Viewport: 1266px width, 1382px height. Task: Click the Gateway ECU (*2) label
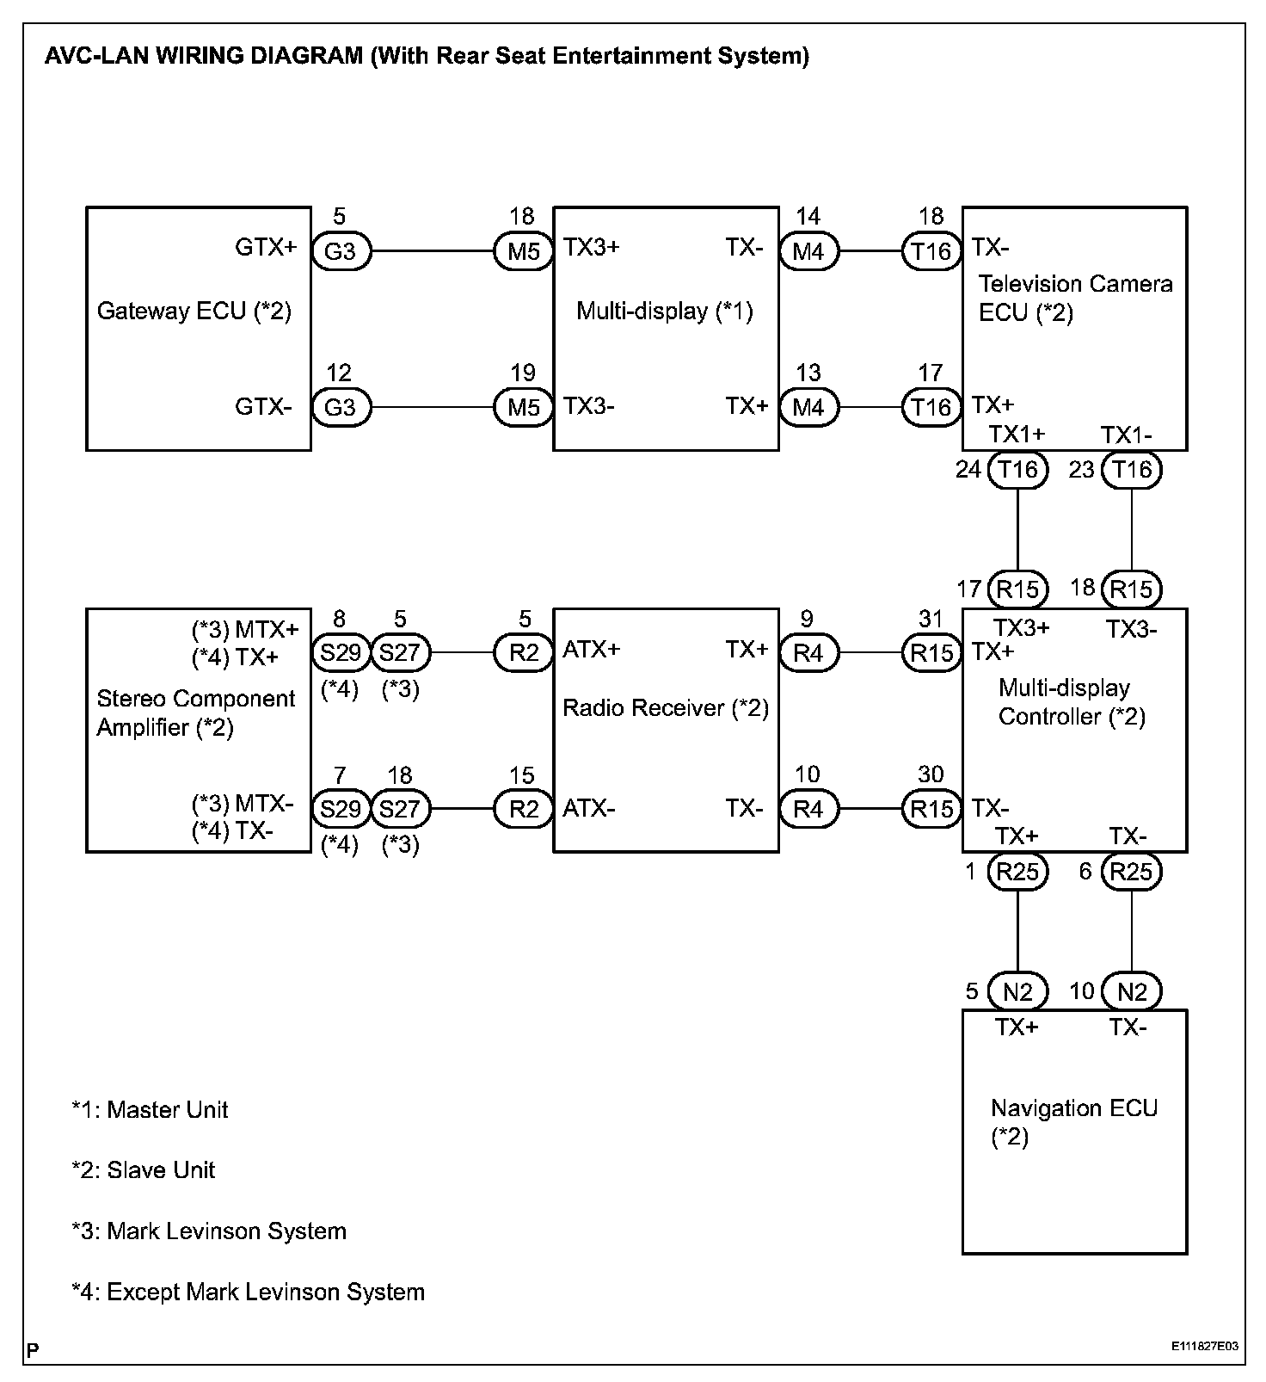[x=194, y=311]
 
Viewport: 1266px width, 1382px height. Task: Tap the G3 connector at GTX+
[x=341, y=251]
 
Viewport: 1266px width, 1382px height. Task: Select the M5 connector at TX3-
[x=523, y=407]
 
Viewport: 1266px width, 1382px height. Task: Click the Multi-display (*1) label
[x=664, y=311]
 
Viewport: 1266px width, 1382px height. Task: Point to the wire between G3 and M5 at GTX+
[x=432, y=251]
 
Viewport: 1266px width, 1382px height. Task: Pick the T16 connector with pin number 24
[x=1017, y=470]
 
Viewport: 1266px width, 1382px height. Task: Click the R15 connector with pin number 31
[x=931, y=653]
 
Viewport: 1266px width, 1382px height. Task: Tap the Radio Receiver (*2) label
[x=665, y=708]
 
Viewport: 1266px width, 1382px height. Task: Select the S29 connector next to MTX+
[x=341, y=653]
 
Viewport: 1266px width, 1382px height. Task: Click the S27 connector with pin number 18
[x=400, y=809]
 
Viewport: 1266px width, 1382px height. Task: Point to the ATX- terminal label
[x=589, y=809]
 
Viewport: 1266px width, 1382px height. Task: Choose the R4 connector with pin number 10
[x=808, y=809]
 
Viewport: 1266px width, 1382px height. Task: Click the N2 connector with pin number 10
[x=1131, y=992]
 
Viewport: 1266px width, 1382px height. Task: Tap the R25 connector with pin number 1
[x=1017, y=872]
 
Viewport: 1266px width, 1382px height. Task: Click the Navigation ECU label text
[x=1073, y=1108]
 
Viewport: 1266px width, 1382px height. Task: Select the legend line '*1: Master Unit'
[x=150, y=1109]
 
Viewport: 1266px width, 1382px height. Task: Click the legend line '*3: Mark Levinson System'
[x=209, y=1231]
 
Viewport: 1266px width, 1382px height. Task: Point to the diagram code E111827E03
[x=1204, y=1346]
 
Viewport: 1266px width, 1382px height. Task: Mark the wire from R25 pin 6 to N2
[x=1131, y=932]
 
